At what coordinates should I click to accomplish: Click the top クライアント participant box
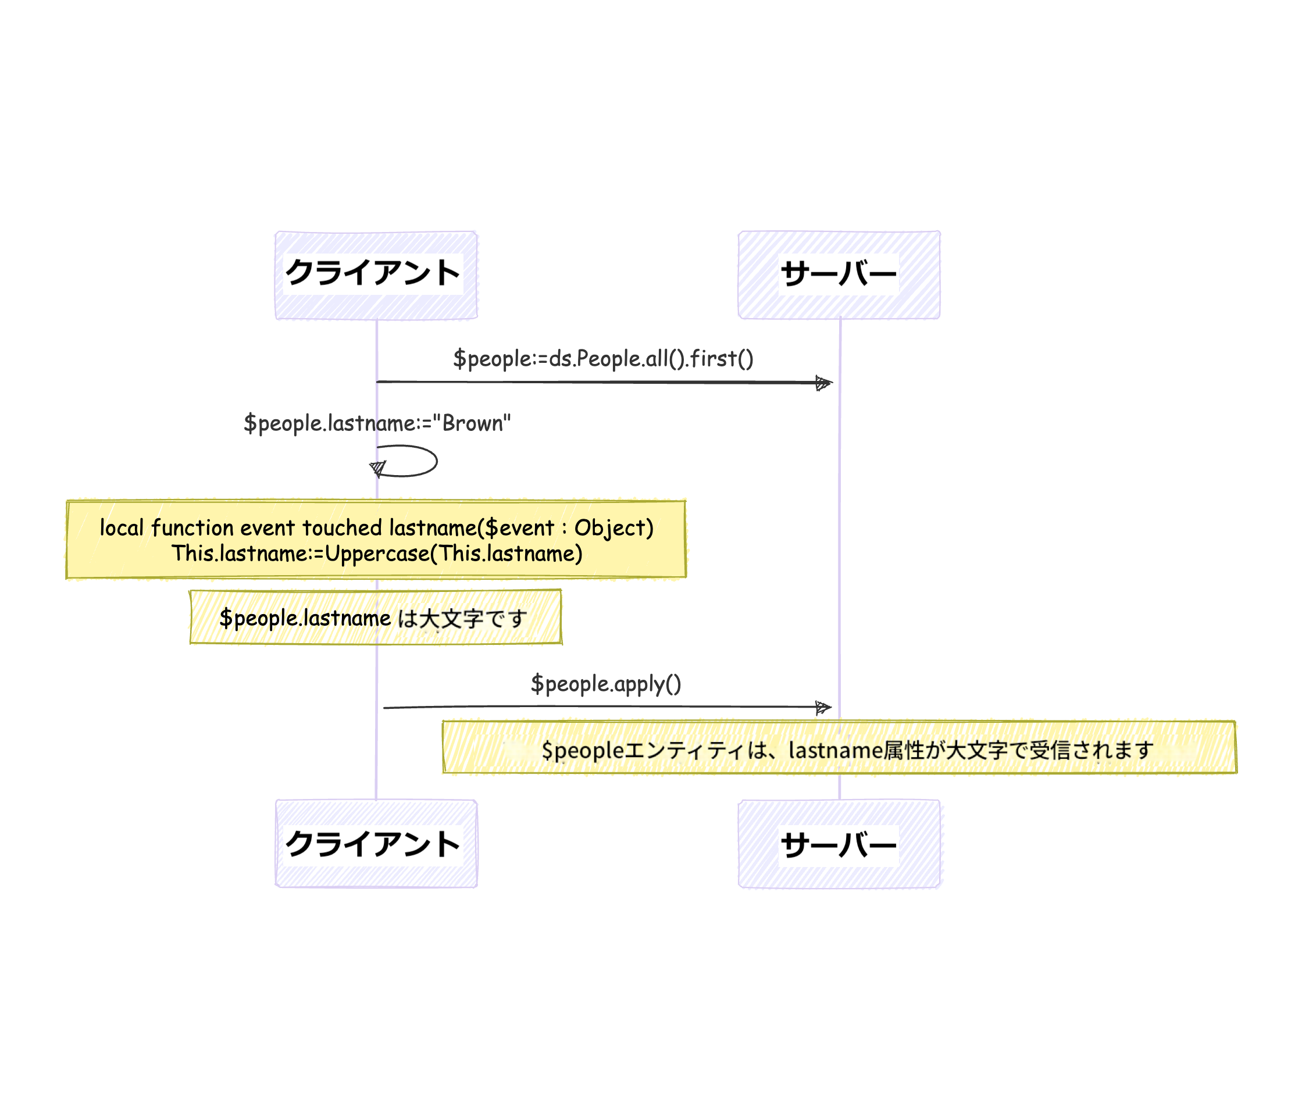click(376, 274)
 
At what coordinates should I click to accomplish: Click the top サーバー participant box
click(839, 274)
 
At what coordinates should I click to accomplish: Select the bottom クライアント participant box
click(376, 843)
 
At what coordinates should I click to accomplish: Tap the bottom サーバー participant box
click(839, 843)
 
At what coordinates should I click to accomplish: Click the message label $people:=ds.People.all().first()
click(602, 359)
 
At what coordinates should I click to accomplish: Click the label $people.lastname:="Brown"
click(377, 423)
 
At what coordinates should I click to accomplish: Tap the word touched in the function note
click(343, 527)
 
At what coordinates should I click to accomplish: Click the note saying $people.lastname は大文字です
click(375, 618)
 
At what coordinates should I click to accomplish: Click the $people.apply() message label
click(606, 684)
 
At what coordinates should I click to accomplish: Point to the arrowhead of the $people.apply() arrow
click(823, 708)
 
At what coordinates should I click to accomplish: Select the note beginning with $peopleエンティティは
click(839, 748)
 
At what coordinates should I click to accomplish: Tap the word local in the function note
click(122, 527)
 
